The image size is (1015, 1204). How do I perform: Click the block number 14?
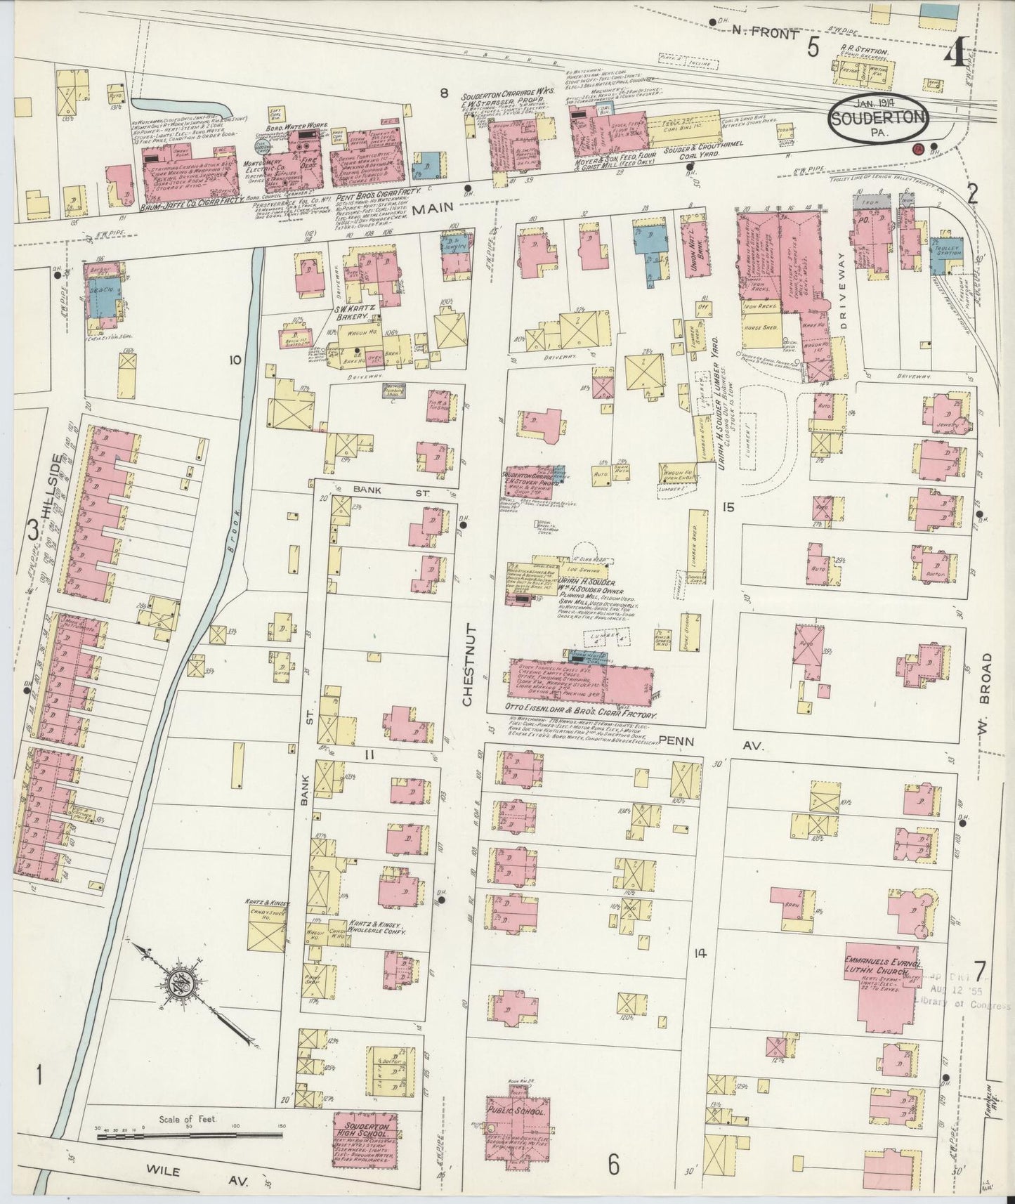698,953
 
